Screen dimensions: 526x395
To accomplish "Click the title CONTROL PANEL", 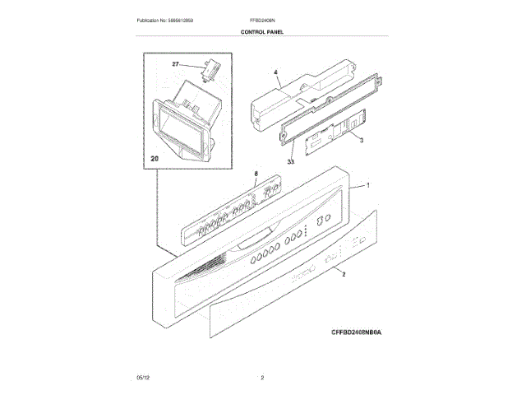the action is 262,31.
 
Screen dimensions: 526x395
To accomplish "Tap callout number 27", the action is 175,64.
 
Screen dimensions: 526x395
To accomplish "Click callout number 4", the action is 276,72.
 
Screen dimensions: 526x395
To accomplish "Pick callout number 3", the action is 362,142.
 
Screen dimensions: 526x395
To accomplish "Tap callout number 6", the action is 256,174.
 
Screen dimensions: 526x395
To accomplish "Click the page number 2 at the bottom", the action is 262,377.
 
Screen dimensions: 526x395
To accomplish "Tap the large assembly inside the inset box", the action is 185,123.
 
